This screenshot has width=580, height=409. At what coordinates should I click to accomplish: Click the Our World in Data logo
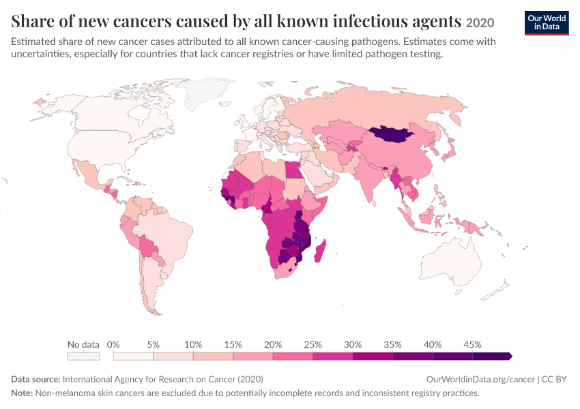[547, 23]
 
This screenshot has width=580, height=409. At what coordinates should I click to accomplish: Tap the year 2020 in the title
[480, 23]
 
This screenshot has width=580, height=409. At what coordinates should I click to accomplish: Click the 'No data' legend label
[83, 345]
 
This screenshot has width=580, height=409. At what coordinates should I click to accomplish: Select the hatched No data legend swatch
[83, 356]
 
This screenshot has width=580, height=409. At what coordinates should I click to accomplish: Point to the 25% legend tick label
[313, 345]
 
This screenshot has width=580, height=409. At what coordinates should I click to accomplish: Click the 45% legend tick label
[472, 345]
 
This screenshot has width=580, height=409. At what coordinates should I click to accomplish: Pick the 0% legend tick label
[113, 345]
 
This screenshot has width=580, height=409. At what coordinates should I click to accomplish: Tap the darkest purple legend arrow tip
[512, 356]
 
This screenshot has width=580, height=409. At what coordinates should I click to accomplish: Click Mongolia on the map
[391, 134]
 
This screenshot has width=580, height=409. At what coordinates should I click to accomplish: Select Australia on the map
[452, 262]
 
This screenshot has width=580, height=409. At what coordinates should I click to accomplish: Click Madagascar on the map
[320, 252]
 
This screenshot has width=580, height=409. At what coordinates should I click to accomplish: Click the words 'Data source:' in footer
[35, 380]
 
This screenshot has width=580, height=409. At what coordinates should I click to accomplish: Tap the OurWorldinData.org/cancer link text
[480, 380]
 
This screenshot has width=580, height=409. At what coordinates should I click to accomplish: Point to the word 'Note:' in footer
[23, 393]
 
